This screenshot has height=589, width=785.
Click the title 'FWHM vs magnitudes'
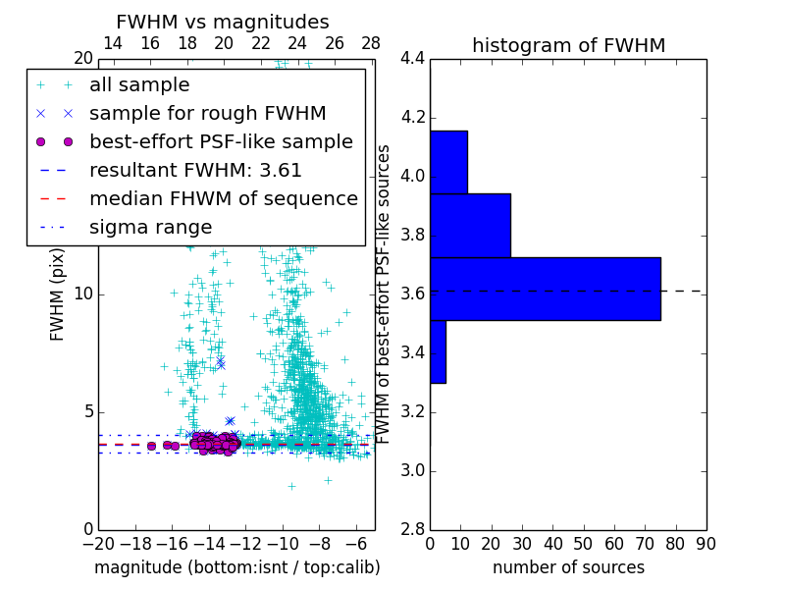[x=223, y=23]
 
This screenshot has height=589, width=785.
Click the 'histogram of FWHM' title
[x=568, y=45]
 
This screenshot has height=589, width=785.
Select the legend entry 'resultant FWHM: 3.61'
[x=195, y=170]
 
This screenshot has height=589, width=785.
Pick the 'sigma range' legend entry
[x=150, y=227]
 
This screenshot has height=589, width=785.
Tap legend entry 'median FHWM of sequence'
[x=223, y=198]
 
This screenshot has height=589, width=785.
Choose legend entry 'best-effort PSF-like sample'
[x=221, y=141]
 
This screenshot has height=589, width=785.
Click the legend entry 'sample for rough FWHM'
[x=207, y=113]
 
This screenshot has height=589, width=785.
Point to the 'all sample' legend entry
[x=139, y=85]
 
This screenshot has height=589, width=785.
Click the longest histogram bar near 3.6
[x=545, y=289]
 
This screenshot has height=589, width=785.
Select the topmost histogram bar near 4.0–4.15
[x=448, y=162]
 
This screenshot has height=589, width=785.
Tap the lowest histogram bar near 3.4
[x=438, y=351]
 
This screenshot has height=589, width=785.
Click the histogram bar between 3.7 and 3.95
[x=470, y=225]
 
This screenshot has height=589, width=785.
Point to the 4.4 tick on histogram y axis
[x=413, y=59]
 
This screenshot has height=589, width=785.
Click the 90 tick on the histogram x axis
[x=706, y=543]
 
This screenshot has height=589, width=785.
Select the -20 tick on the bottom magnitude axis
[x=98, y=543]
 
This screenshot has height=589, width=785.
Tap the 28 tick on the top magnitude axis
[x=371, y=43]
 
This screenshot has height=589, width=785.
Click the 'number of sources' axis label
[x=568, y=567]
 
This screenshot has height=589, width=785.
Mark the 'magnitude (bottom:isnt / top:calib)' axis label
[x=236, y=567]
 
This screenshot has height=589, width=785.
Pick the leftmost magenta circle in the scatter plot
[x=151, y=446]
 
